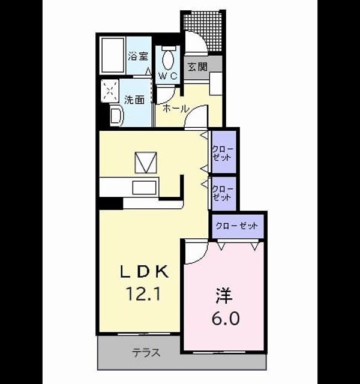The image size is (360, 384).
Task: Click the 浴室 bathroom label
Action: pos(138,56)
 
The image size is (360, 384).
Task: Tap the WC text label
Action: pos(168,76)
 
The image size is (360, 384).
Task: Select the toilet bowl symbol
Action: pos(168,59)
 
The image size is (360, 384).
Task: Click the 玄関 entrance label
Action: pos(197,67)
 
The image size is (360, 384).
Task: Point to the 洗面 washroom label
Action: pos(134,100)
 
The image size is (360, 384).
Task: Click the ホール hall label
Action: pos(176,108)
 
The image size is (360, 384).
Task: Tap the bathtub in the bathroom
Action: pos(113,55)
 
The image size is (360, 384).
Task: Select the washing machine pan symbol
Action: pos(110,91)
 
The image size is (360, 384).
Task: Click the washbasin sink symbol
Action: pos(116,115)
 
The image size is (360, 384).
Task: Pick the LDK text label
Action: pos(144,271)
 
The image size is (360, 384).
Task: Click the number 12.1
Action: pos(143,293)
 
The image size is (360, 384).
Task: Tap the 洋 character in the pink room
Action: pos(224,296)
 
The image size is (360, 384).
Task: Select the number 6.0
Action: pos(226,318)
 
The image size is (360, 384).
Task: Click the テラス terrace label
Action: pos(146,353)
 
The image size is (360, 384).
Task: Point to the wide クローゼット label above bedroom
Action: pos(236,226)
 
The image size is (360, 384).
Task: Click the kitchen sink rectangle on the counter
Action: pos(144,187)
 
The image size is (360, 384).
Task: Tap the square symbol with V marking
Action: pos(146,163)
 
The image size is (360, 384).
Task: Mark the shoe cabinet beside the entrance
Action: pos(216,83)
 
